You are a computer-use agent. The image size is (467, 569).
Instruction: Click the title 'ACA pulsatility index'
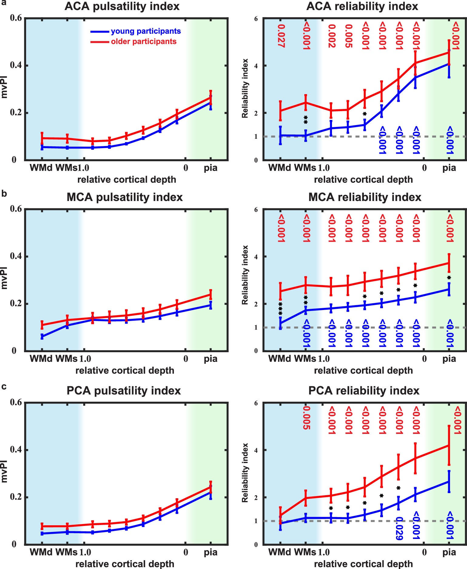pyautogui.click(x=122, y=6)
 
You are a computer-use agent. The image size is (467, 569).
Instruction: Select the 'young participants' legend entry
pyautogui.click(x=146, y=31)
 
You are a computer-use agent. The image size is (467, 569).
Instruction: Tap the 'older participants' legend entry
pyautogui.click(x=144, y=42)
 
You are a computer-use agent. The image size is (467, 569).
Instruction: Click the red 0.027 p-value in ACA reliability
pyautogui.click(x=281, y=36)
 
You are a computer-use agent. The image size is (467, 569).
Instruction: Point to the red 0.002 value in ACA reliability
pyautogui.click(x=331, y=36)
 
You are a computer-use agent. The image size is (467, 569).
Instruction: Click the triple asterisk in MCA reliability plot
pyautogui.click(x=280, y=308)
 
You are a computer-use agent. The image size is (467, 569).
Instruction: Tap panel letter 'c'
pyautogui.click(x=4, y=387)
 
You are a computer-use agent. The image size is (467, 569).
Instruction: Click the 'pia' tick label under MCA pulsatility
pyautogui.click(x=211, y=359)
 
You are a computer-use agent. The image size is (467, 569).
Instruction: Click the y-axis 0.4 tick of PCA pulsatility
pyautogui.click(x=16, y=450)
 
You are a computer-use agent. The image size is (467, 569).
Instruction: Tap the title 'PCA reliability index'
pyautogui.click(x=364, y=390)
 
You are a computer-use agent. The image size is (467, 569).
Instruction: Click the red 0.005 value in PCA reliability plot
pyautogui.click(x=306, y=417)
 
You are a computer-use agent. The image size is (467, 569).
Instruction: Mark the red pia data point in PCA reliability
pyautogui.click(x=449, y=445)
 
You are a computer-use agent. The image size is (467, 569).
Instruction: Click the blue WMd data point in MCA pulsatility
pyautogui.click(x=42, y=336)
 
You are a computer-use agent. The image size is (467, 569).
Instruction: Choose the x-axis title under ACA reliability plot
pyautogui.click(x=363, y=180)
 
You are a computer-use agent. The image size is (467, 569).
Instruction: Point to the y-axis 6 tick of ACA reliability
pyautogui.click(x=256, y=19)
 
